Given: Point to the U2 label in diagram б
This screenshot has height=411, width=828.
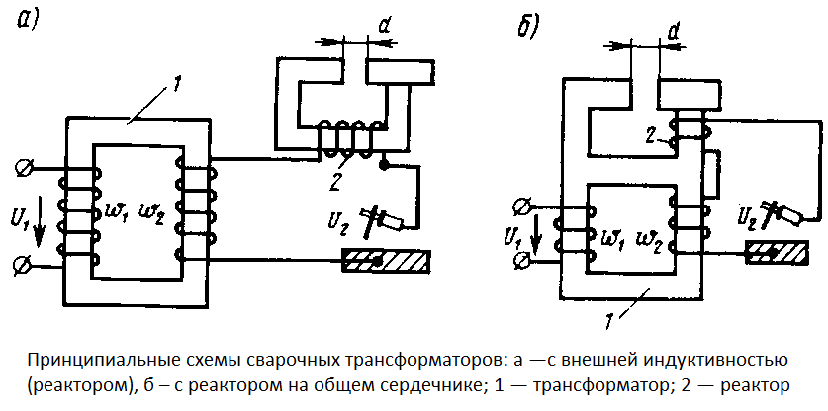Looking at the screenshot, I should (x=750, y=215).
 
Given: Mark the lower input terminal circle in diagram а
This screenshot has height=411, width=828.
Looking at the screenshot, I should (x=22, y=264).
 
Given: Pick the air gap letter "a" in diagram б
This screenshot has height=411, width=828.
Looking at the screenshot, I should (x=673, y=31).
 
